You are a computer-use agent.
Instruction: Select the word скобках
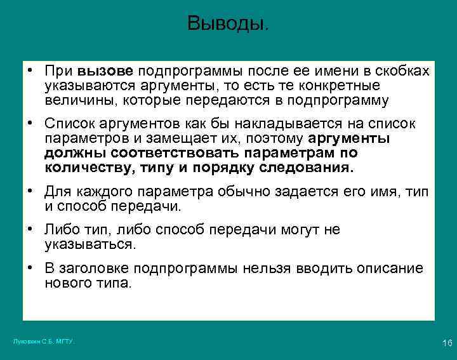click(x=404, y=70)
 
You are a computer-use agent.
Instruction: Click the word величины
click(x=76, y=100)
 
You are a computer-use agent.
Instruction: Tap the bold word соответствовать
click(x=166, y=153)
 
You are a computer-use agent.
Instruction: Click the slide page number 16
click(x=446, y=343)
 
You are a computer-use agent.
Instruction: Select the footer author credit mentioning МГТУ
click(x=44, y=342)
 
